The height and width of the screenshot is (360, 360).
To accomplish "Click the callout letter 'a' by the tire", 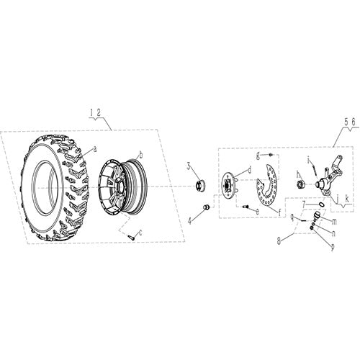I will [95, 149].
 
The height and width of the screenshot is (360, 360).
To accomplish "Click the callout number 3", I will [189, 166].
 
